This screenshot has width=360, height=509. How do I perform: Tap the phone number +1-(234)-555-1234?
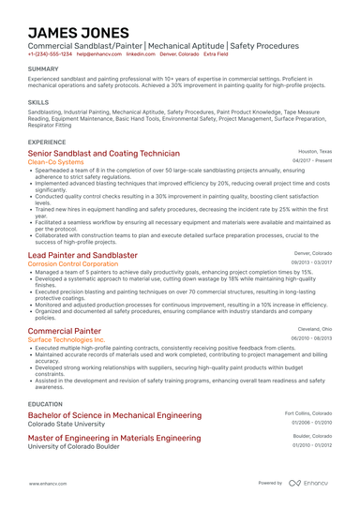click(x=50, y=54)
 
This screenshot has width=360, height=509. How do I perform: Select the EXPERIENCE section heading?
click(x=47, y=142)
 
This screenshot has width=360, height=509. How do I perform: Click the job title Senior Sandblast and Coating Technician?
click(x=104, y=153)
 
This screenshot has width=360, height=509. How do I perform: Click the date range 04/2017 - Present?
click(x=312, y=161)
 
